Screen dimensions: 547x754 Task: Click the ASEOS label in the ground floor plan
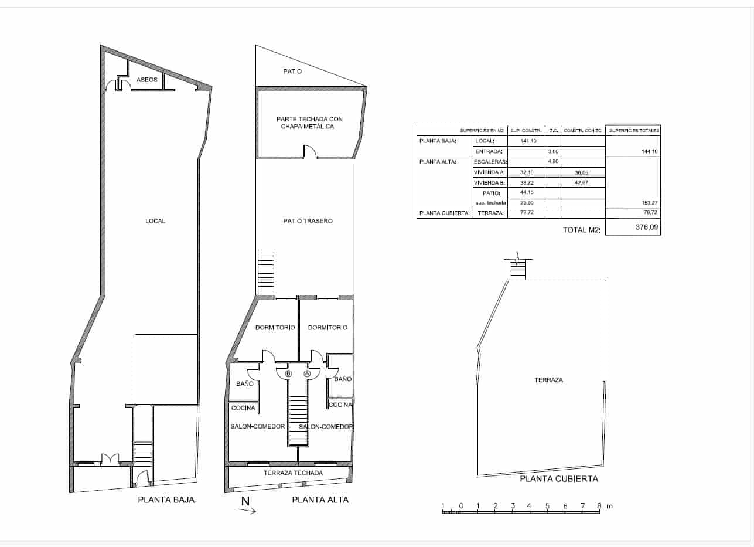point(146,80)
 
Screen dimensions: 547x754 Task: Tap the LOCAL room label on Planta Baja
point(155,221)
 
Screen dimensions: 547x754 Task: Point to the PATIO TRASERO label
point(308,221)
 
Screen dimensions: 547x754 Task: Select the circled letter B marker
point(288,373)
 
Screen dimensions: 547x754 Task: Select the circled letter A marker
point(307,373)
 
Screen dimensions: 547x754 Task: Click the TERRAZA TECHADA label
point(293,473)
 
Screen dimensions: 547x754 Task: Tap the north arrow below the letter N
point(247,511)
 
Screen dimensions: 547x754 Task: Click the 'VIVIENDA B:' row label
point(490,182)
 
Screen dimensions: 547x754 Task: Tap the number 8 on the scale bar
point(599,505)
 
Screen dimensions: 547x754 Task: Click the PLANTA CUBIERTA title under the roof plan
point(559,479)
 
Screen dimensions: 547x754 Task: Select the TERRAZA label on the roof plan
point(548,380)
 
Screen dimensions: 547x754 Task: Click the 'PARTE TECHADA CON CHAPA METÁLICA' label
point(309,123)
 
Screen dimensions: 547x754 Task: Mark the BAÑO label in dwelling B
point(244,383)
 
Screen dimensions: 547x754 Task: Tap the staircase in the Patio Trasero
point(266,273)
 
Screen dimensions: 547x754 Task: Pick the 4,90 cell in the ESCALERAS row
point(553,162)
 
